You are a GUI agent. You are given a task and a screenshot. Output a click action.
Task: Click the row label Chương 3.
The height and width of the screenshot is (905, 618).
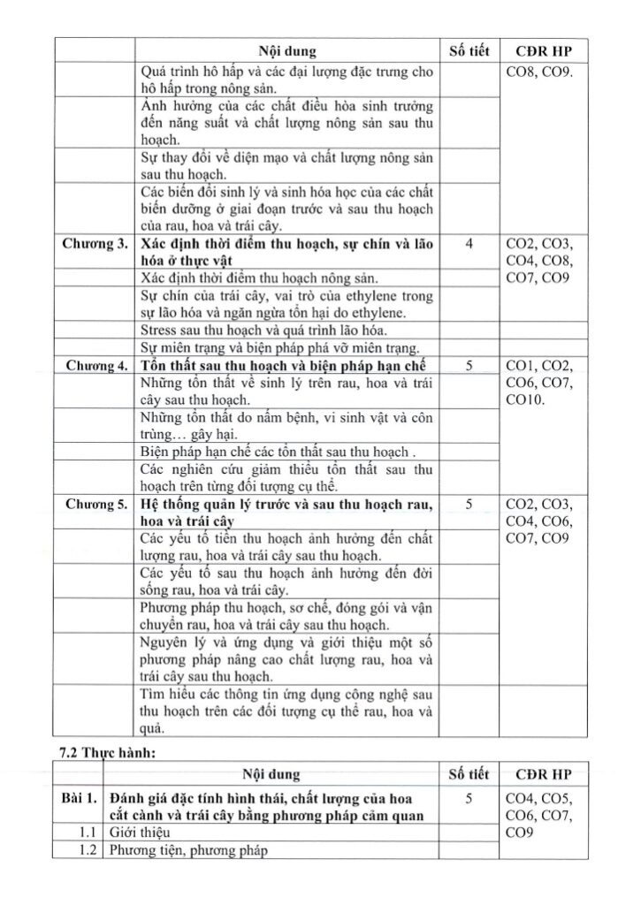click(95, 244)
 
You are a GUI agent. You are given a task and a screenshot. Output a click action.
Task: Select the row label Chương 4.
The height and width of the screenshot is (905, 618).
click(95, 366)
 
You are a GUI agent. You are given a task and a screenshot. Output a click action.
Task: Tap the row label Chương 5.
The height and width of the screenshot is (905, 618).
click(95, 504)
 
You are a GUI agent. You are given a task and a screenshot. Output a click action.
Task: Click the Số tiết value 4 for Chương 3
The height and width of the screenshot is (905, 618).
click(468, 244)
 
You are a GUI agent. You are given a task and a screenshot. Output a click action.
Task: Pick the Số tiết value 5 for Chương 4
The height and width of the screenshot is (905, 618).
click(468, 366)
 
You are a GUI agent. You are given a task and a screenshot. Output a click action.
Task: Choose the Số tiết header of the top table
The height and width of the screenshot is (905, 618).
click(468, 51)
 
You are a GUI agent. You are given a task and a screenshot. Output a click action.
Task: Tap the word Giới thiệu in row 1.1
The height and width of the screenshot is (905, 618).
click(138, 833)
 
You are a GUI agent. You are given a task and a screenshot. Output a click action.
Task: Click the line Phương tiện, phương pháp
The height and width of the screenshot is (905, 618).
click(187, 850)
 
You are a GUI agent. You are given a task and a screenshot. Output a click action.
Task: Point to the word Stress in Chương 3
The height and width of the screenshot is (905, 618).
click(158, 329)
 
